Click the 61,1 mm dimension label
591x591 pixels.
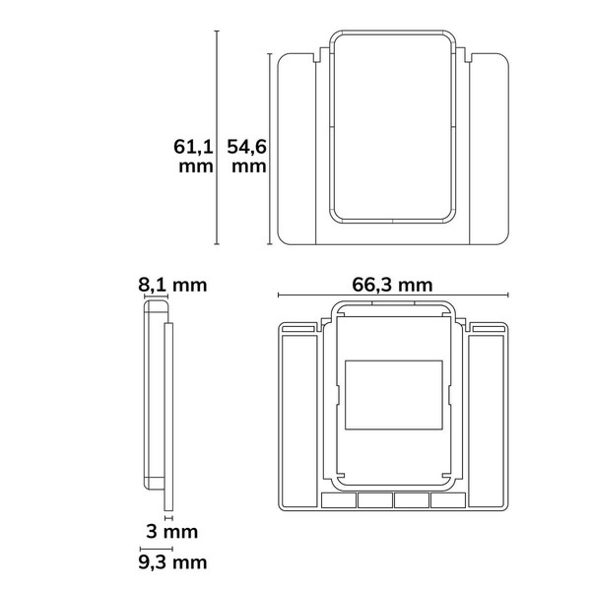[193, 156]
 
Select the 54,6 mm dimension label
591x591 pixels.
[247, 156]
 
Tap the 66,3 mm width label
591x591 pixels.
[392, 285]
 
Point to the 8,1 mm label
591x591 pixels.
[172, 285]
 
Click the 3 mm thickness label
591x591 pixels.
[172, 532]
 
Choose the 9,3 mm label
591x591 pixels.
[172, 562]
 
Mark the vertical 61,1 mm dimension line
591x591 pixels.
[217, 138]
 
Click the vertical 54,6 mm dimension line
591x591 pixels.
[270, 149]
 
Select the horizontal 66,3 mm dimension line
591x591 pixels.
[393, 295]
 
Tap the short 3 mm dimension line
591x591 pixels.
[168, 518]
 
